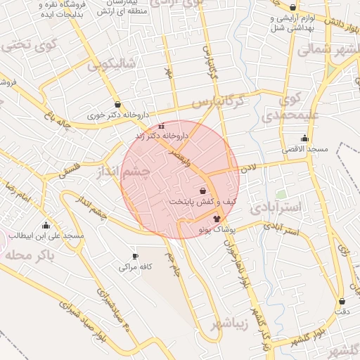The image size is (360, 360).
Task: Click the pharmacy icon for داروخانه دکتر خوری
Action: pos(117,104)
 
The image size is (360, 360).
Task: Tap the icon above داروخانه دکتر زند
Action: pos(161,127)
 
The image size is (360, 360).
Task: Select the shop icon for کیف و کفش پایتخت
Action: pos(203,191)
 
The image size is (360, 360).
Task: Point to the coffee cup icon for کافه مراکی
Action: pos(135,256)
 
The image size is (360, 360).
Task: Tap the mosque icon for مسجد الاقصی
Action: pos(304,139)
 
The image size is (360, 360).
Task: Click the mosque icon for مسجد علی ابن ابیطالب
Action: pos(46,225)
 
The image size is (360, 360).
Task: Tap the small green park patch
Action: pos(281,193)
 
